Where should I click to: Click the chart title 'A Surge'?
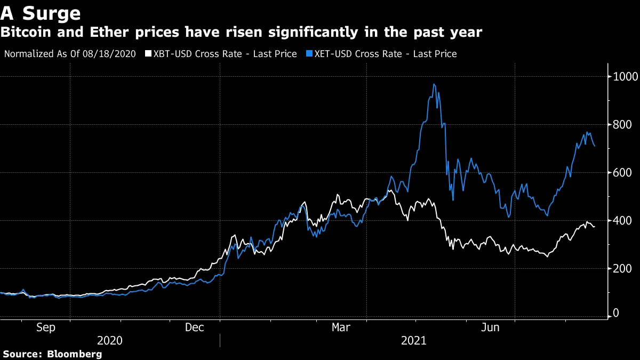click(41, 13)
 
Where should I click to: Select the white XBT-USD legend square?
click(148, 54)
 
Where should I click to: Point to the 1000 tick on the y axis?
click(623, 77)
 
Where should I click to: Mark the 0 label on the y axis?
click(615, 313)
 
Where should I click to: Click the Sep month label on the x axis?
click(45, 327)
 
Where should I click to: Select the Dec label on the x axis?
click(194, 327)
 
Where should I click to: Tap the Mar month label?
click(341, 327)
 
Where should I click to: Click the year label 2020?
click(110, 340)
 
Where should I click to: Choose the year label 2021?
click(413, 340)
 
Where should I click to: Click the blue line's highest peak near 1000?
click(434, 84)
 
